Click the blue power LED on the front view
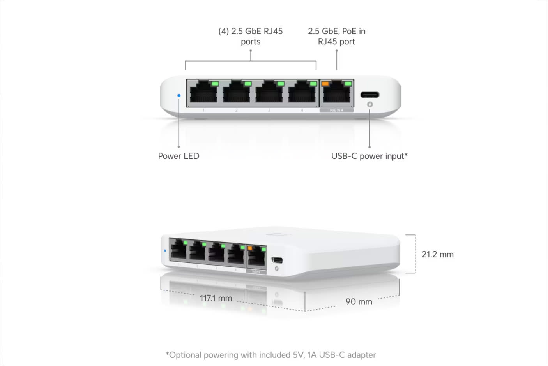tap(179, 95)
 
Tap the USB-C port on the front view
tap(369, 95)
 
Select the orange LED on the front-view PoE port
tap(325, 84)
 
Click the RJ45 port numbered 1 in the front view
tap(203, 94)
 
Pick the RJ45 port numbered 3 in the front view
tap(269, 94)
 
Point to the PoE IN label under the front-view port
tap(336, 111)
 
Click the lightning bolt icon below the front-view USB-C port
tap(370, 104)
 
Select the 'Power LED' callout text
tap(179, 156)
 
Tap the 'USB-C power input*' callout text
tap(369, 156)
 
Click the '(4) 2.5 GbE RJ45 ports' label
tap(251, 36)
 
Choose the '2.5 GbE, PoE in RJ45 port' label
tap(336, 36)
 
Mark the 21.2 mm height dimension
tap(437, 255)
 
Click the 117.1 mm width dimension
tap(216, 298)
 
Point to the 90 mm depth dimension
tap(359, 302)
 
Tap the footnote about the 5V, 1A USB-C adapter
tap(271, 355)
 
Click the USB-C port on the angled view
tap(277, 260)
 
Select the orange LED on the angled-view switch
tap(250, 248)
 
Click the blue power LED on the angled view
tap(165, 251)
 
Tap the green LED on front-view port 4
tap(313, 84)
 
